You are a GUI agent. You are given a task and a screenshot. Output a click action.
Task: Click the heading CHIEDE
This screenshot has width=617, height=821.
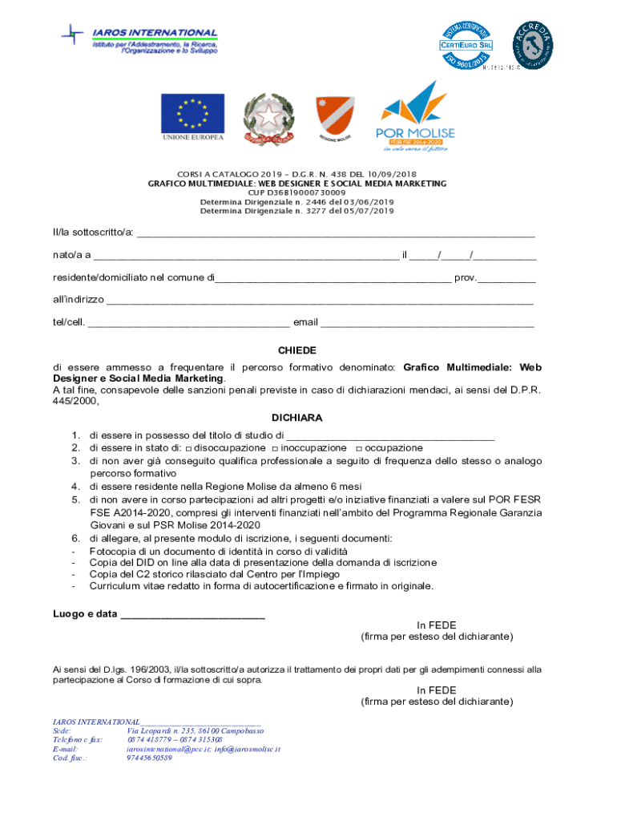[x=297, y=350]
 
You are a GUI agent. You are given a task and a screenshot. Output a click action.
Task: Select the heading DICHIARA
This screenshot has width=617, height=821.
[x=297, y=418]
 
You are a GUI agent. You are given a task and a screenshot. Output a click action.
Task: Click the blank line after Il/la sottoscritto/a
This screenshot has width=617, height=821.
[x=336, y=234]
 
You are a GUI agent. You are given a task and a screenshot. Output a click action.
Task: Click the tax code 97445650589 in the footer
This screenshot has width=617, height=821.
[x=149, y=758]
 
